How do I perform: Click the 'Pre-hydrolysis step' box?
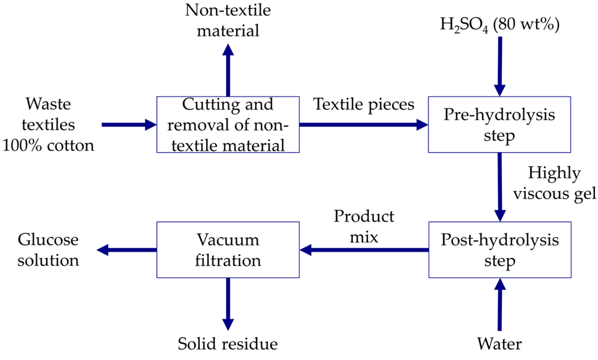(499, 125)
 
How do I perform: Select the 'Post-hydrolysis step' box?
(500, 250)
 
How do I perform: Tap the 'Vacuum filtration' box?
(228, 250)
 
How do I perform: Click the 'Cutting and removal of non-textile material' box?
(228, 125)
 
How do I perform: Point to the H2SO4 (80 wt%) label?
(499, 24)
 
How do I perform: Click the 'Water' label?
(499, 344)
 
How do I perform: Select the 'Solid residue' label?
(228, 344)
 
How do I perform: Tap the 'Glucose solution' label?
(48, 250)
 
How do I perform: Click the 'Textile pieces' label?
(363, 104)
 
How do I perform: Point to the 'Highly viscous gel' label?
(554, 183)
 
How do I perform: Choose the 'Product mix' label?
(364, 227)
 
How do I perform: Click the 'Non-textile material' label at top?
(228, 20)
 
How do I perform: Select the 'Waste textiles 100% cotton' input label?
(48, 125)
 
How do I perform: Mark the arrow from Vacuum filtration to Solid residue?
(228, 303)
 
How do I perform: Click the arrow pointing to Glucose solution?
(127, 250)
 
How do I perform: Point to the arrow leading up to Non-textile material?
(228, 71)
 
